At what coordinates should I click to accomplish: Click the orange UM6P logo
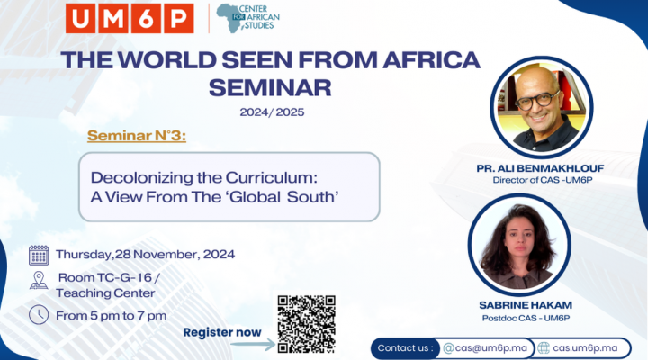130,18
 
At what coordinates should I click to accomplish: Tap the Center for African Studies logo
248,18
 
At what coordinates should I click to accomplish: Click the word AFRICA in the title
431,60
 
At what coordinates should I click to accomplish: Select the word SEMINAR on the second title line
270,87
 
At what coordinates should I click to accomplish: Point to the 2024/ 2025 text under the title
272,112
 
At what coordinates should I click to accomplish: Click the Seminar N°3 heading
137,136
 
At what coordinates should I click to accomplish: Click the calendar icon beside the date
39,255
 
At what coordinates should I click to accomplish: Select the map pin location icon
39,280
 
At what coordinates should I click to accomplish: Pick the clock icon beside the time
39,314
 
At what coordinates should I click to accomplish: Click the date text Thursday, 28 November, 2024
146,254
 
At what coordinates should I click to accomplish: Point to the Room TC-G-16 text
109,277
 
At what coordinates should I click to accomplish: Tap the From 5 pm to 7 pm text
112,316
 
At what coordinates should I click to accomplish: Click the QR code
306,324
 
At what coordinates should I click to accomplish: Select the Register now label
222,332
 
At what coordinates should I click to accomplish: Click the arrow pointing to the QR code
253,345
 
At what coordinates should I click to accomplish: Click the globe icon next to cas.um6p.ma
544,348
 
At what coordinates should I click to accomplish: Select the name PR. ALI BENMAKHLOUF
540,168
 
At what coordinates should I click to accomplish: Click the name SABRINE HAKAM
526,305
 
